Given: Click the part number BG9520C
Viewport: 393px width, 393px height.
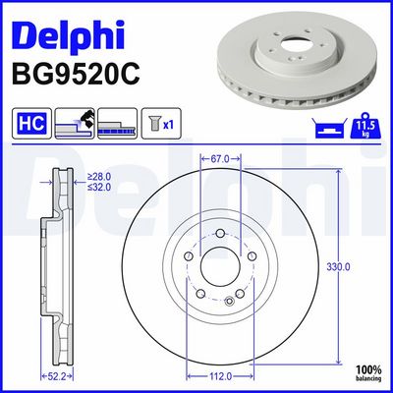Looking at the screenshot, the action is click(76, 74).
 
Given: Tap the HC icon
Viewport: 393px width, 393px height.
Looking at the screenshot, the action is click(31, 124).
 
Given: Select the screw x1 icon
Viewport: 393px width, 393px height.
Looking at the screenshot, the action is click(161, 124).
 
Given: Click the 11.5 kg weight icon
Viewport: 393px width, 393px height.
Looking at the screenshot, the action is click(365, 126).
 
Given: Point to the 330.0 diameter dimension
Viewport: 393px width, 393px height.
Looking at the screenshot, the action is click(338, 267).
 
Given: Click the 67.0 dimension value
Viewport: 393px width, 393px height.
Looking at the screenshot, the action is click(220, 159).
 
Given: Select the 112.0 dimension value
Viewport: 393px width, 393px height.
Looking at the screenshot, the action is click(220, 376).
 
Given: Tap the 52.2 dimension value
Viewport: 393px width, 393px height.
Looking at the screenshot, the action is click(57, 376).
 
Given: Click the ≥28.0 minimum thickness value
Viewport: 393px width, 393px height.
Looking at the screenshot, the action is click(99, 177).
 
